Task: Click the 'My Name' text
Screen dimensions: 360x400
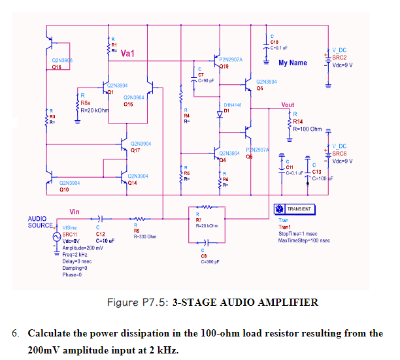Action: click(292, 63)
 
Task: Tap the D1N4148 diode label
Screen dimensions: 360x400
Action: click(233, 105)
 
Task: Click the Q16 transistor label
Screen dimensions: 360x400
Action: click(58, 67)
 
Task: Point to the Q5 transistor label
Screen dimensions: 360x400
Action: click(260, 88)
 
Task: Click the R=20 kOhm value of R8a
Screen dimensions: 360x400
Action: click(95, 109)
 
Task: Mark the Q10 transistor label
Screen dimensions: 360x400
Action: click(65, 189)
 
